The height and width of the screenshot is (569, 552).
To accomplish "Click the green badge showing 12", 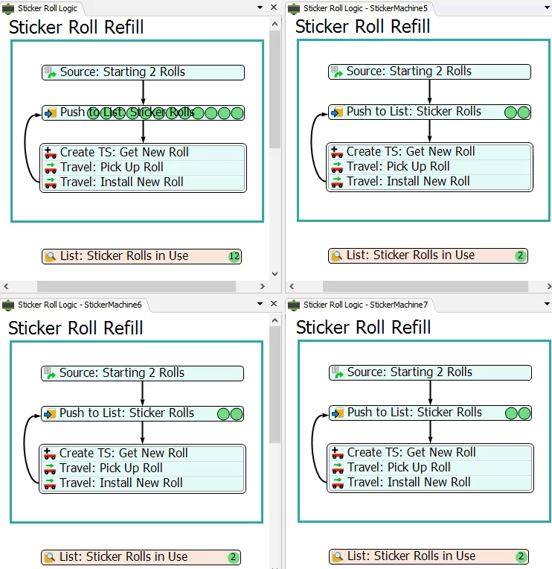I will pyautogui.click(x=234, y=256).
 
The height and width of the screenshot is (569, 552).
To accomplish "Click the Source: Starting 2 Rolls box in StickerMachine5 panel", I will pyautogui.click(x=429, y=71).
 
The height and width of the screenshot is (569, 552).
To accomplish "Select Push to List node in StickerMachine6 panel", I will pyautogui.click(x=126, y=413).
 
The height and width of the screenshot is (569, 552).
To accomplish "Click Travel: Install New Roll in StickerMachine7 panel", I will pyautogui.click(x=408, y=482).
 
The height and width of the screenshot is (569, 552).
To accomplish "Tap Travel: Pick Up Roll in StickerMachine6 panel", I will pyautogui.click(x=111, y=468).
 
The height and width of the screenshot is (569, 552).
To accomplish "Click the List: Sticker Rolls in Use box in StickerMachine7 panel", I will pyautogui.click(x=411, y=556).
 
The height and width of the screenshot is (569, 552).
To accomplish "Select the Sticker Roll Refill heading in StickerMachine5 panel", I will pyautogui.click(x=362, y=26).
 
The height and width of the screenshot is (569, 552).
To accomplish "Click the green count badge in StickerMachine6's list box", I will pyautogui.click(x=233, y=557).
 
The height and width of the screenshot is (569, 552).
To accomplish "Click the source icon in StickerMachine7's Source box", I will pyautogui.click(x=337, y=372).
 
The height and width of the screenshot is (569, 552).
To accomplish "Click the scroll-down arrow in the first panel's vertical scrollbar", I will pyautogui.click(x=275, y=274).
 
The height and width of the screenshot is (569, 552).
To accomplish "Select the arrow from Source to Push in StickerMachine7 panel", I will pyautogui.click(x=430, y=392).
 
